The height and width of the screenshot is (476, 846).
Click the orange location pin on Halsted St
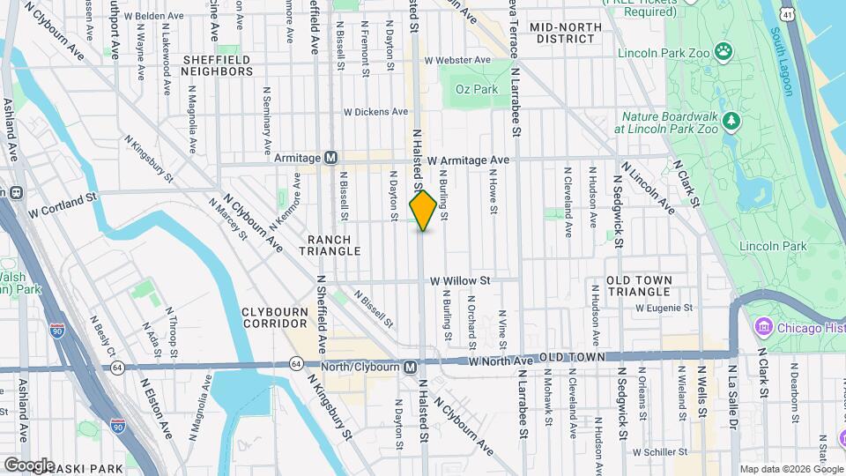pos(423,211)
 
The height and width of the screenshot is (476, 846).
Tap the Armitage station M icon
pos(331,158)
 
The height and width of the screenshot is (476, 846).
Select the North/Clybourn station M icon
pos(410,367)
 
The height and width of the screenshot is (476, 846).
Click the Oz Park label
pos(477,89)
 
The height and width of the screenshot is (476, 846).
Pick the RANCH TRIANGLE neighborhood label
pos(330,245)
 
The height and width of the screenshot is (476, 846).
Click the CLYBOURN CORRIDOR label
pos(275,317)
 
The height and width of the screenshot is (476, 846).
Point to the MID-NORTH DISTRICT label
pos(566,33)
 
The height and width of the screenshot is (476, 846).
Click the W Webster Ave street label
pos(456,60)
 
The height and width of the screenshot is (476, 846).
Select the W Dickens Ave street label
pos(376,112)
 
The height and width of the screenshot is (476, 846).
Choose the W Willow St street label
pos(460,280)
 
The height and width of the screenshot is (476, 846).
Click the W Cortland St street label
pos(62,207)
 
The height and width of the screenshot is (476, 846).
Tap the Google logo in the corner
pos(30,465)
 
